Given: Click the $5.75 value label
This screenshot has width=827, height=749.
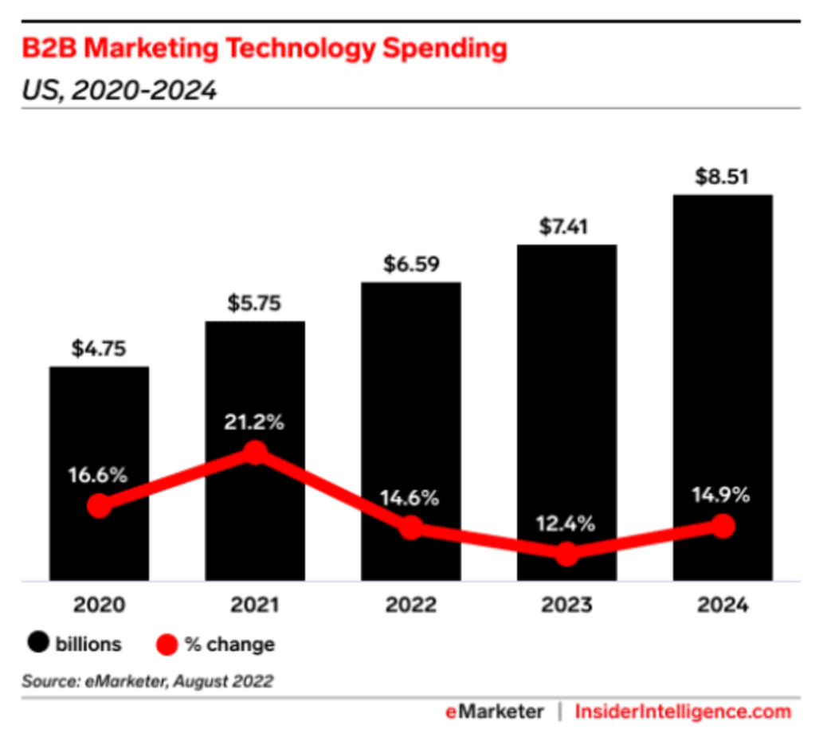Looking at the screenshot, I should [255, 304].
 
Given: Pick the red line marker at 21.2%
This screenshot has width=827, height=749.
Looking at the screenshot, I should [255, 453].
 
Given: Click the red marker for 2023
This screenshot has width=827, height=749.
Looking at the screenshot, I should [566, 554].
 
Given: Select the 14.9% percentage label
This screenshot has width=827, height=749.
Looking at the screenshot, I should [722, 496].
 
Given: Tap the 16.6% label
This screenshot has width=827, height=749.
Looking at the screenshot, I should [99, 476].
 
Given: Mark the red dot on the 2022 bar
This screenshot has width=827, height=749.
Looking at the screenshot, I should [410, 527].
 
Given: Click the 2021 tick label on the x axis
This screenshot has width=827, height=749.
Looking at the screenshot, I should [255, 606].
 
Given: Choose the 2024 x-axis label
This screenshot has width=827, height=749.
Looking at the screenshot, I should [722, 606].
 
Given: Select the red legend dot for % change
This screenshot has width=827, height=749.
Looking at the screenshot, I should [167, 644].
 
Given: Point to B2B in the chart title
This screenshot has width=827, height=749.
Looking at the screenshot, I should [49, 49].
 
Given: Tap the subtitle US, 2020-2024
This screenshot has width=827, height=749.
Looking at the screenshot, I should [120, 90].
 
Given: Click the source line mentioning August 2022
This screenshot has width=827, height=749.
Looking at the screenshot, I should [147, 681].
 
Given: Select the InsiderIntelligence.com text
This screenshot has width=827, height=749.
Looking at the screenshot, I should [683, 712].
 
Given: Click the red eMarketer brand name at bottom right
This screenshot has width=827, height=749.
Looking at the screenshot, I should [494, 712].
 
